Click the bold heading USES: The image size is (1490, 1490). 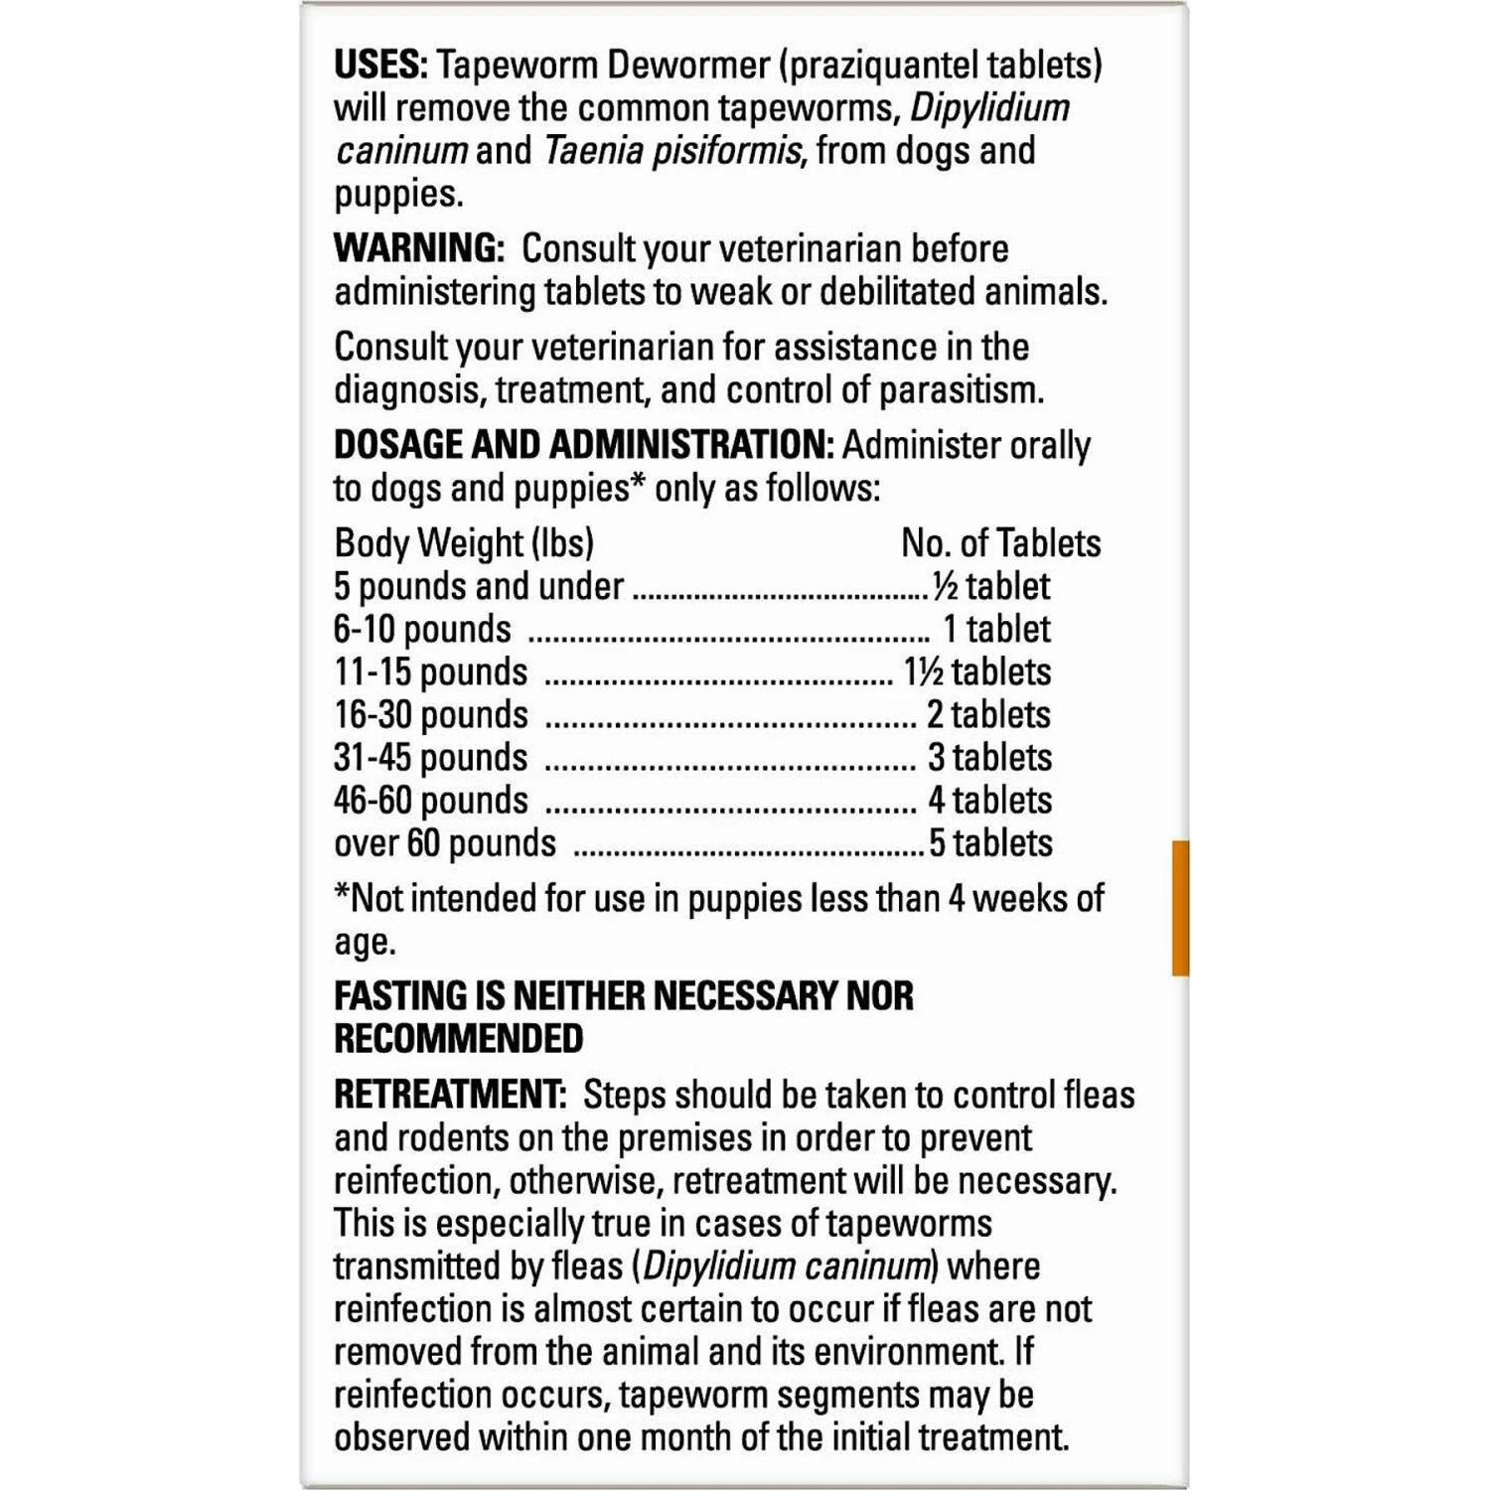tap(380, 66)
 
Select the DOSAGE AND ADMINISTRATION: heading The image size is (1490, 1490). tap(584, 445)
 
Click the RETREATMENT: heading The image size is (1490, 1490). tap(450, 1095)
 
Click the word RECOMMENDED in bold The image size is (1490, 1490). tap(459, 1039)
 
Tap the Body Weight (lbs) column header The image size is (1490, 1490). tap(464, 543)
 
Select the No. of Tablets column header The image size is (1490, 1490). tap(1000, 543)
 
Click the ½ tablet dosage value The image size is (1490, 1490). tap(990, 586)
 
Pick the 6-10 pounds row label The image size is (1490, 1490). tap(422, 630)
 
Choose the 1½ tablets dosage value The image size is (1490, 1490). tap(976, 672)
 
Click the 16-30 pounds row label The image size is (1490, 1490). tap(431, 715)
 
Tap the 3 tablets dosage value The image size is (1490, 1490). tap(989, 758)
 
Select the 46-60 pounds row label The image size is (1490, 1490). tap(431, 801)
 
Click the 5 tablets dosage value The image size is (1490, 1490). tap(989, 843)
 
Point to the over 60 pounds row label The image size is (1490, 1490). tap(445, 843)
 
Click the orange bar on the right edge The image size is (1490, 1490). tap(1180, 908)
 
